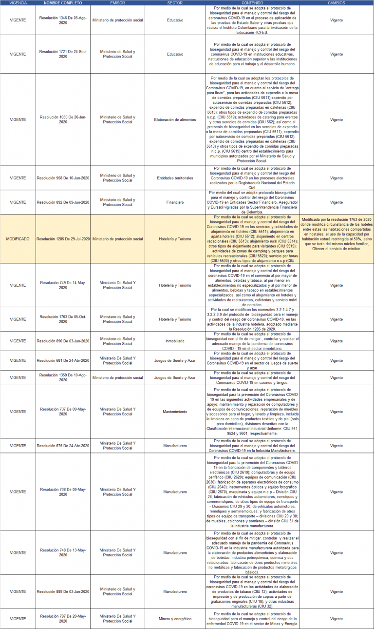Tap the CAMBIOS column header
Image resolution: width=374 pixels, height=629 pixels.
pos(337,3)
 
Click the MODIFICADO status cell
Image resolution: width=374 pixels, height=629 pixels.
pos(18,239)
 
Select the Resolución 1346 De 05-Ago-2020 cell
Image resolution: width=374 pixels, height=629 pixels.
pos(63,20)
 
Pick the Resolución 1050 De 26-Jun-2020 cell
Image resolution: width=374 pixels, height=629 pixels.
pos(63,119)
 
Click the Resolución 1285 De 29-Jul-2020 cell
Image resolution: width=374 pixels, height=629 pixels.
pos(63,239)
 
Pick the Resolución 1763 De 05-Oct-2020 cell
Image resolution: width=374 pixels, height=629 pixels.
pos(63,319)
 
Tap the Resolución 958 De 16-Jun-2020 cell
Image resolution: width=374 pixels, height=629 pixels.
pos(63,178)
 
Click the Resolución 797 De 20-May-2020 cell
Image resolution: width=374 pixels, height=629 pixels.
pos(63,619)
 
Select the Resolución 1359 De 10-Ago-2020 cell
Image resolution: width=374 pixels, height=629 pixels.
pos(63,377)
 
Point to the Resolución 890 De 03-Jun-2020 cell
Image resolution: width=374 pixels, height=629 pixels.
pos(63,341)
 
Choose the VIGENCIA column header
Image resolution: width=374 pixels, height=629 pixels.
pos(18,3)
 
